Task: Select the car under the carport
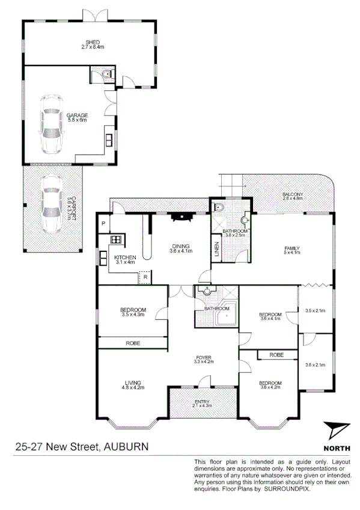point(50,203)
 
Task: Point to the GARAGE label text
point(77,115)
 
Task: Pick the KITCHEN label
point(125,257)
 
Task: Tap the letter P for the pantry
point(103,224)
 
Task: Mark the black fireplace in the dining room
point(179,218)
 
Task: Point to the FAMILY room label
point(291,248)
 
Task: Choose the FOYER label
point(204,357)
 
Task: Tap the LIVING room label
point(133,382)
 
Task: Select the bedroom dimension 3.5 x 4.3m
point(133,315)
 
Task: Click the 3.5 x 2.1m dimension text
point(315,311)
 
